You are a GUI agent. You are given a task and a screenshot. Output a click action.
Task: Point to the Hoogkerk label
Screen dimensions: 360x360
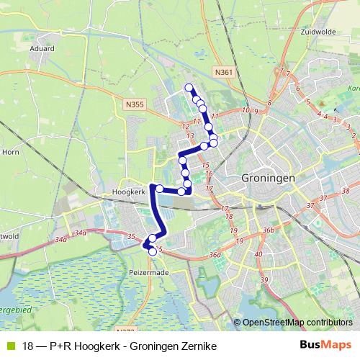pyautogui.click(x=129, y=193)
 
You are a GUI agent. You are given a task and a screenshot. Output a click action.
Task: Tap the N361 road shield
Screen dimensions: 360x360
pyautogui.click(x=224, y=73)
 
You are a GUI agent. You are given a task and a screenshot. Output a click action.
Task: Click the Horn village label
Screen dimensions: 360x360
pyautogui.click(x=11, y=152)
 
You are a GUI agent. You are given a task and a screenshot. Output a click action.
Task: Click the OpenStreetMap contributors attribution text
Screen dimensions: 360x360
pyautogui.click(x=298, y=322)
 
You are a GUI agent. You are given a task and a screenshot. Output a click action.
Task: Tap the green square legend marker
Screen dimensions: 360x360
pyautogui.click(x=10, y=346)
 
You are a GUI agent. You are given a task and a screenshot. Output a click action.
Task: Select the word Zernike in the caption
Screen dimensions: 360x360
pyautogui.click(x=199, y=346)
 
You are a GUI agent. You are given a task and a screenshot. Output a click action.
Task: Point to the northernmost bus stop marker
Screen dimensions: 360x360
pyautogui.click(x=189, y=88)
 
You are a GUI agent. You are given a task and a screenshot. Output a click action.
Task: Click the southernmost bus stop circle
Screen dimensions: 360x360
pyautogui.click(x=152, y=251)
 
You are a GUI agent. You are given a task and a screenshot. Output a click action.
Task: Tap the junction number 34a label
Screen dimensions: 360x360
pyautogui.click(x=60, y=239)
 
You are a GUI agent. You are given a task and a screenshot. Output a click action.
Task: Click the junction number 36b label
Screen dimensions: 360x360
pyautogui.click(x=268, y=230)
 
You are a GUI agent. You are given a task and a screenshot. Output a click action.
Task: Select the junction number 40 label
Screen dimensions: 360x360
pyautogui.click(x=258, y=253)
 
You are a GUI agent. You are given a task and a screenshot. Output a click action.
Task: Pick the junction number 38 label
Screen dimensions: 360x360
pyautogui.click(x=346, y=191)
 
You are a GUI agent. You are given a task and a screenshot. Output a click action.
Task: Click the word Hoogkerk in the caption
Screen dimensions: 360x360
pyautogui.click(x=87, y=346)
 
